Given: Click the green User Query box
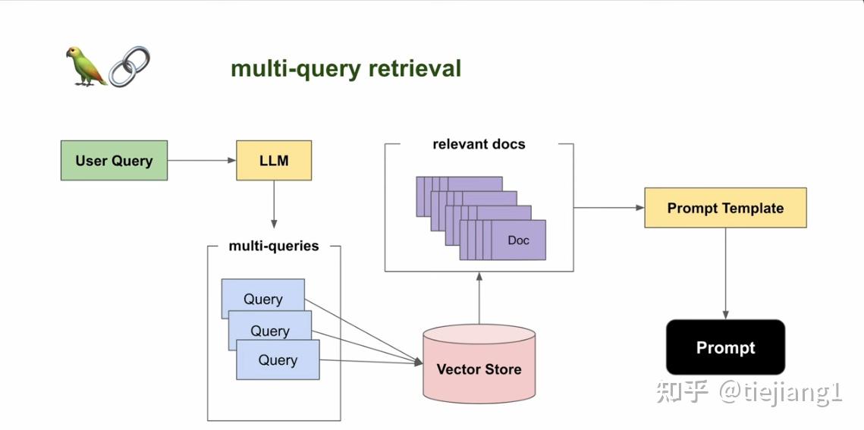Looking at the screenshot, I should pos(114,160).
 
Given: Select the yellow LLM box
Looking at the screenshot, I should pos(274,160).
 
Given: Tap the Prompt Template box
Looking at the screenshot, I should pos(725,208).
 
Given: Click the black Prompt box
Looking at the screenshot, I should pos(725,347).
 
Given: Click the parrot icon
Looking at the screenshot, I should pos(85,66).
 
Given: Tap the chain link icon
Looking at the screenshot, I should pos(129,67).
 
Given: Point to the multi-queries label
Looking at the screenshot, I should pos(274,246).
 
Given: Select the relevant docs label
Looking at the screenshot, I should pos(479,144).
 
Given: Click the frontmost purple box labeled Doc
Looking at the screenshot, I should pos(518,240).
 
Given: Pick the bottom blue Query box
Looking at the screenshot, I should pos(278,360).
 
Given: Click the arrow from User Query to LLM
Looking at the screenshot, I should pos(201,160).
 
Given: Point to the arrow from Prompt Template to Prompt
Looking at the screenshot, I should pos(725,273).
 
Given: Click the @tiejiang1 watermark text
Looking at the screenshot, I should pos(781,392).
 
